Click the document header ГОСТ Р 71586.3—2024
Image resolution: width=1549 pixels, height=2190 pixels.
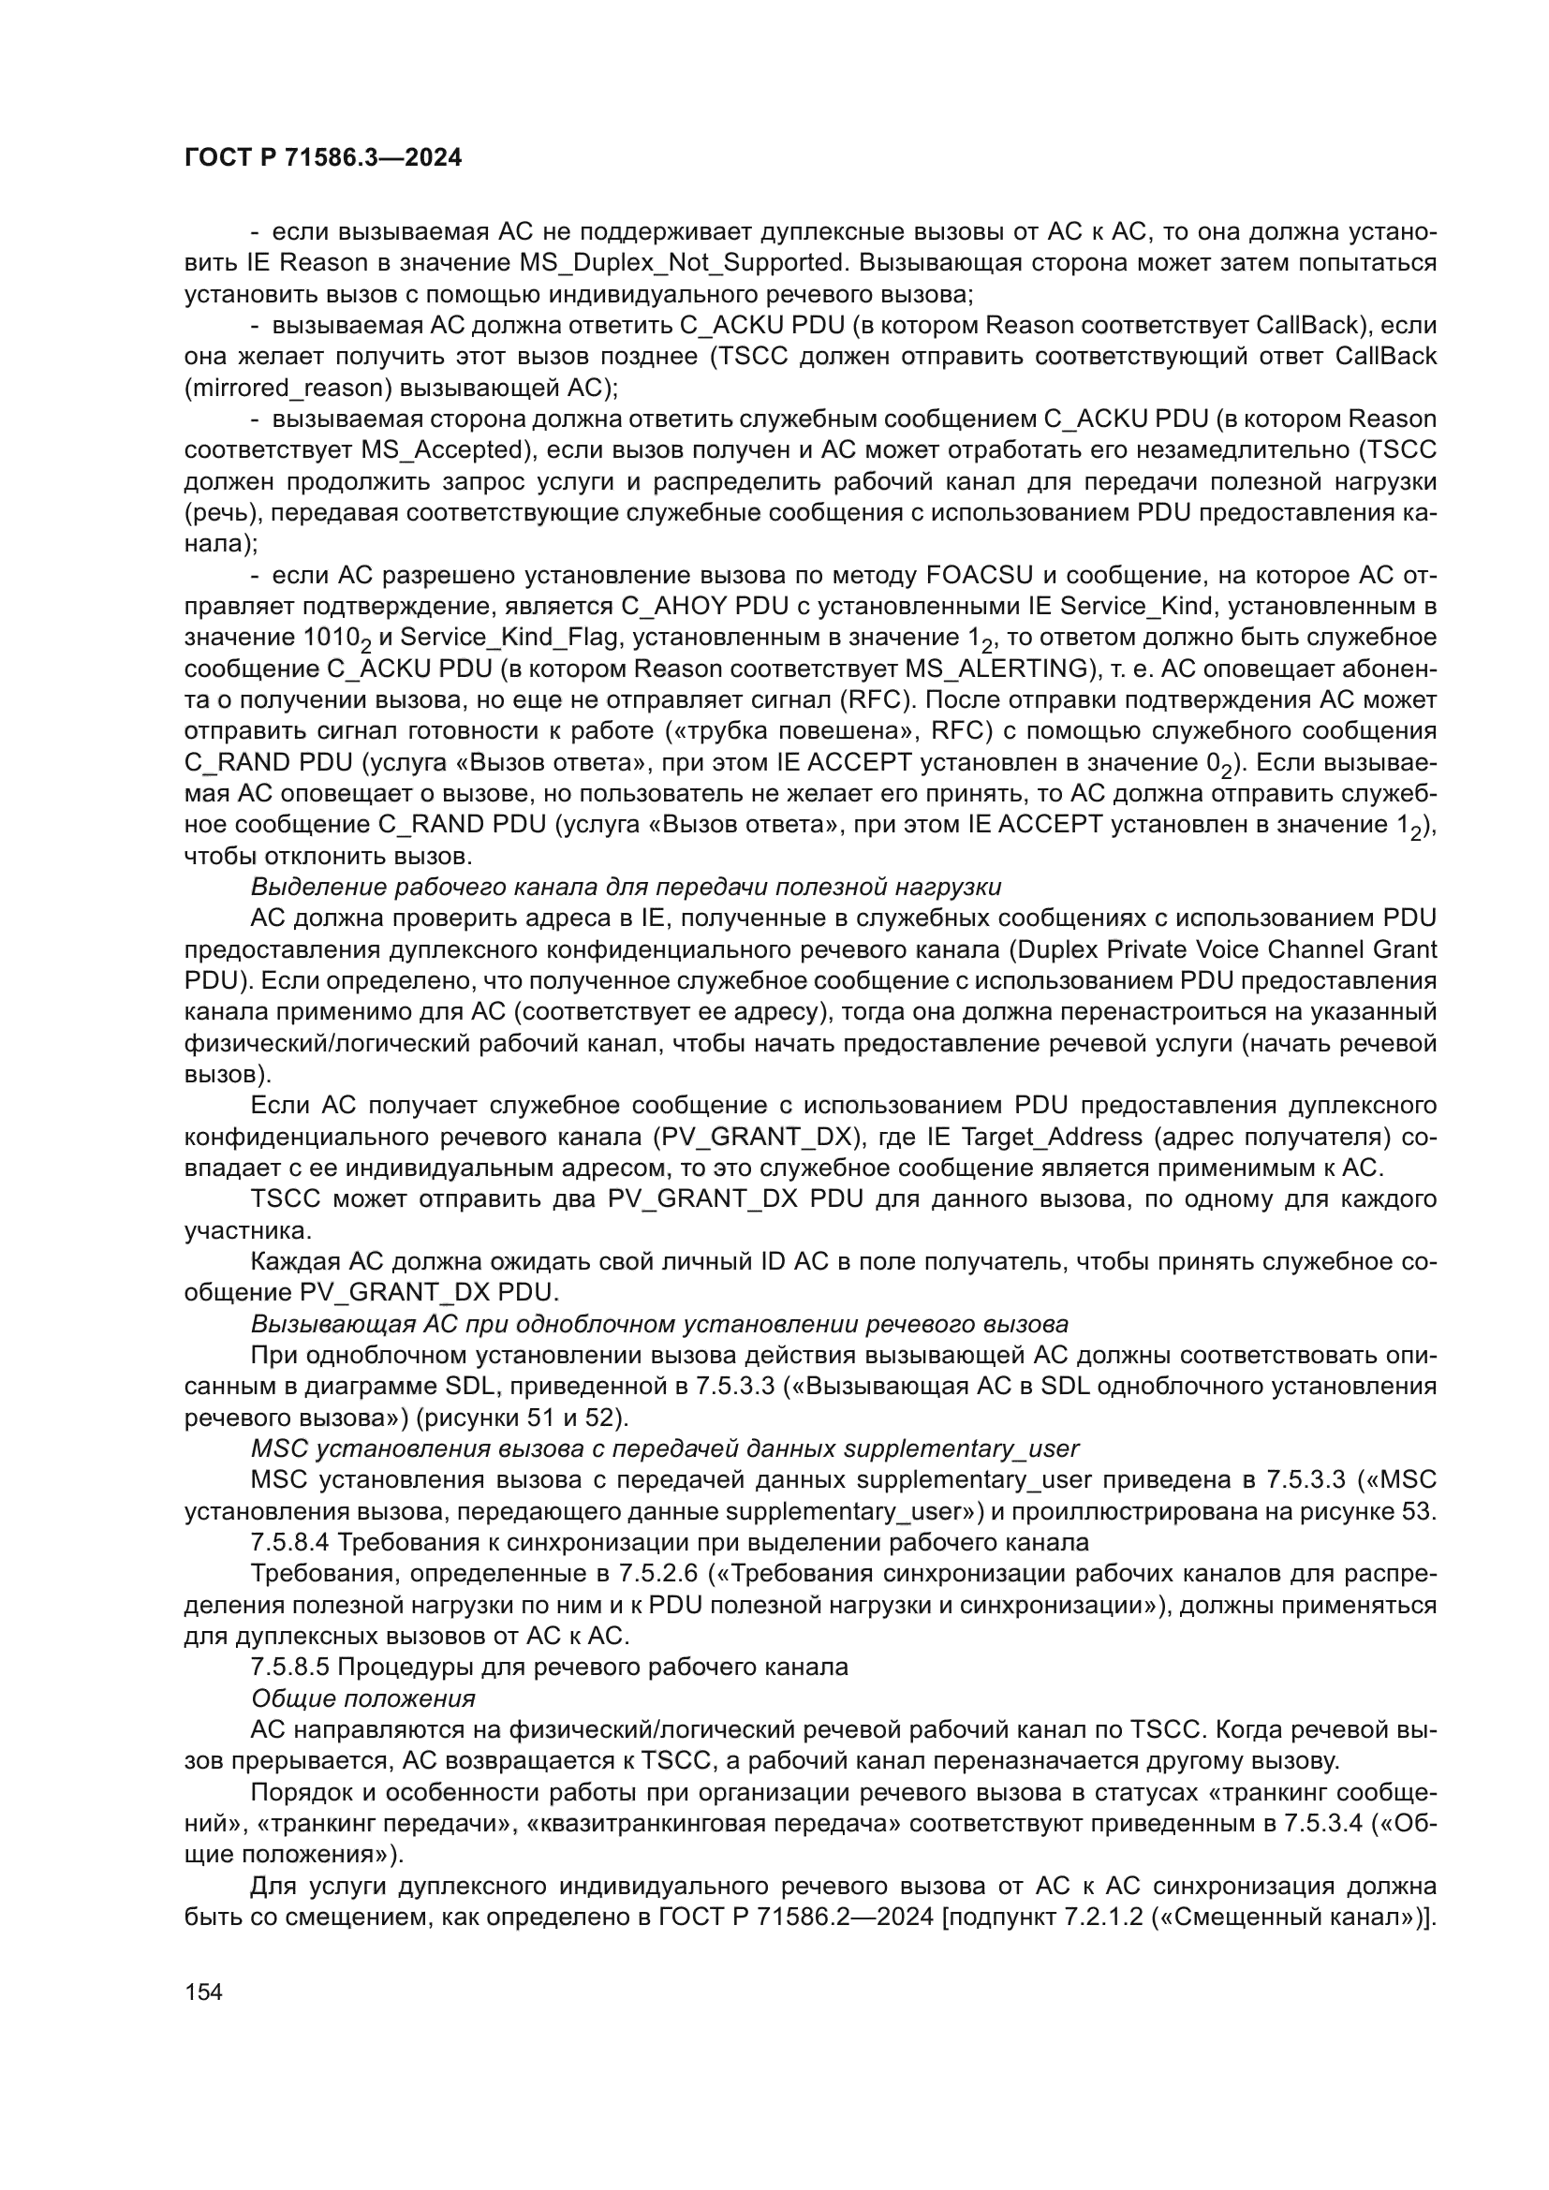pyautogui.click(x=322, y=158)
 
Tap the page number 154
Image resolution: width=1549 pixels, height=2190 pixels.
pyautogui.click(x=203, y=1992)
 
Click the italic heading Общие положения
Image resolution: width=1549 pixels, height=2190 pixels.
pyautogui.click(x=363, y=1698)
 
